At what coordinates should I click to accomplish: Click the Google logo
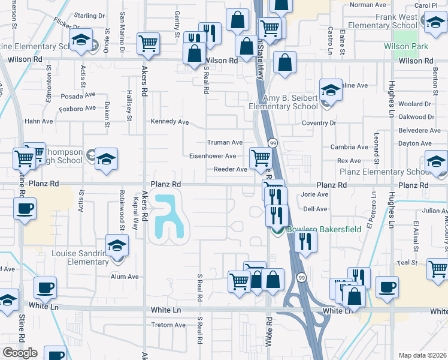(20, 353)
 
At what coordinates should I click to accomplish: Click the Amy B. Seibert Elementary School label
(283, 102)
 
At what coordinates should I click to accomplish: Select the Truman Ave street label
(225, 143)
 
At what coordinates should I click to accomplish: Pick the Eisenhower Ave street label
(213, 156)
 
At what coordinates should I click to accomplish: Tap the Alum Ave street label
(125, 277)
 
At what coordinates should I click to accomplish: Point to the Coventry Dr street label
(319, 123)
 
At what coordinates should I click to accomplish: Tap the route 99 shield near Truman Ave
(273, 143)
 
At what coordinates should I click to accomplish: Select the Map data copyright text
(422, 355)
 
